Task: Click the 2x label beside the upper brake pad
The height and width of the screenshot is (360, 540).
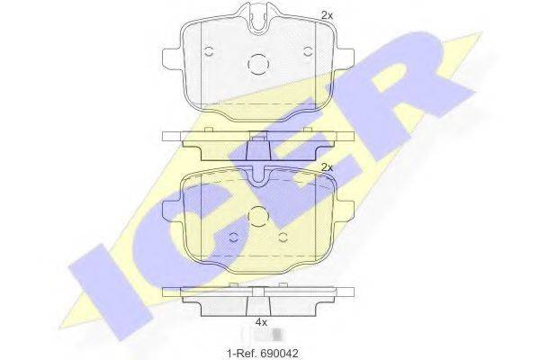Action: tap(326, 16)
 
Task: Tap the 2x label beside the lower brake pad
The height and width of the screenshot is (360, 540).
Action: tap(327, 167)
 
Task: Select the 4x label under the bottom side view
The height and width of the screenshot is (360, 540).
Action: tap(261, 321)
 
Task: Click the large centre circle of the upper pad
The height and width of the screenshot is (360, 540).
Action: tap(259, 64)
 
